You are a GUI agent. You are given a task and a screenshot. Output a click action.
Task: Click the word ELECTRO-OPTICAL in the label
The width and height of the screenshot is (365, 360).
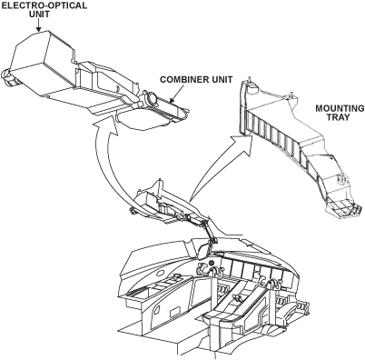pos(44,5)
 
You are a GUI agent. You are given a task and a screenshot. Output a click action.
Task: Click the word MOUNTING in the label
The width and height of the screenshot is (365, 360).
pos(340,108)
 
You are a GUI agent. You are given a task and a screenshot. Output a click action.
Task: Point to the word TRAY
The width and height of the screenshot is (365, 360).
pos(340,117)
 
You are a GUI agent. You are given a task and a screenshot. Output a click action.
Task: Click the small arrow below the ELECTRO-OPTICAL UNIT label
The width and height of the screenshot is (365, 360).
pos(38,25)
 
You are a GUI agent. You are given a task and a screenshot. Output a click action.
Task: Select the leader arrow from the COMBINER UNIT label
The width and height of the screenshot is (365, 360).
pos(176,95)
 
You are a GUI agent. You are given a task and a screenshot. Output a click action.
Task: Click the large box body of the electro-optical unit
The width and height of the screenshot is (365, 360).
pos(43,62)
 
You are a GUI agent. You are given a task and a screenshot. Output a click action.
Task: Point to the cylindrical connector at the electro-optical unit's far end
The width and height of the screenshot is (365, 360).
pos(8,77)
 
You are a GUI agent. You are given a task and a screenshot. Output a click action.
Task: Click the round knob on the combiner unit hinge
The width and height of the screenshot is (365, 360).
pos(151,98)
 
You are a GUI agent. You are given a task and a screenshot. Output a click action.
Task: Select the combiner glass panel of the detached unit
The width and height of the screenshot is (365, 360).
pos(142,119)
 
